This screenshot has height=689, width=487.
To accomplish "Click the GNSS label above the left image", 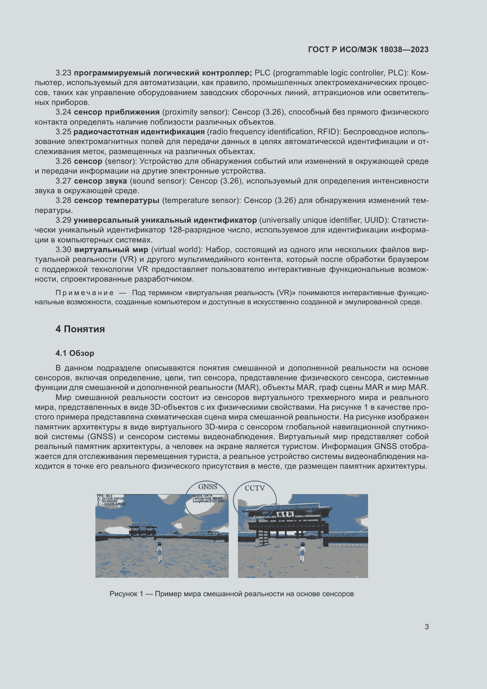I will click(x=208, y=487).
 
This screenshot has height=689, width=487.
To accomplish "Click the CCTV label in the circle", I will click(x=255, y=488).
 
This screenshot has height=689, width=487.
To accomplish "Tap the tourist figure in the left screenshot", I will click(x=160, y=552).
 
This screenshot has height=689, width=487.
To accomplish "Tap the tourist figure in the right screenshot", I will click(x=302, y=552).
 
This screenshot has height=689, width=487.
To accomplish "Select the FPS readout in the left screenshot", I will click(x=105, y=496).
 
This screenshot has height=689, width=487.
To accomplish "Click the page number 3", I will click(x=426, y=627).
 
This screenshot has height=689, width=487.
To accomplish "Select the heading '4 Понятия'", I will click(x=80, y=329).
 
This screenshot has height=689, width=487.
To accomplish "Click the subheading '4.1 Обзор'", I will click(x=75, y=353).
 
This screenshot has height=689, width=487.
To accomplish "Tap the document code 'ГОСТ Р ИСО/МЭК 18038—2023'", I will click(x=368, y=49).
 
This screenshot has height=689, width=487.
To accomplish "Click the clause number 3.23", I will click(x=63, y=73).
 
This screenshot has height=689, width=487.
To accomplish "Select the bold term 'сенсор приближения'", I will click(x=117, y=112).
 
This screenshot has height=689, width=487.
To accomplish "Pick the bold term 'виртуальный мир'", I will click(x=111, y=250).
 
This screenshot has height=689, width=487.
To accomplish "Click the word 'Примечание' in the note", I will click(x=84, y=293).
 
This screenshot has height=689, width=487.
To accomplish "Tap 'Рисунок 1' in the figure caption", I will click(x=126, y=594).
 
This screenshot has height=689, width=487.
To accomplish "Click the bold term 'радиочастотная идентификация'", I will click(x=139, y=132).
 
